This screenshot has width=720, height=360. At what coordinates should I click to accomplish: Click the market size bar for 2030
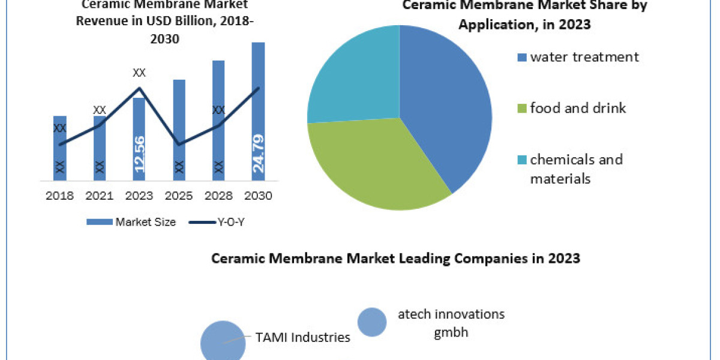click(258, 108)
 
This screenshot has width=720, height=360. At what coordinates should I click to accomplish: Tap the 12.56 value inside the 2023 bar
click(139, 154)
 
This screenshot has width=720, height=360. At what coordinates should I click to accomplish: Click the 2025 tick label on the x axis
click(179, 196)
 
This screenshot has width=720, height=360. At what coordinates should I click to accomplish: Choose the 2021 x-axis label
click(100, 196)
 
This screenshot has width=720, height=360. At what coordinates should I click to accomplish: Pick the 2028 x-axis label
click(218, 196)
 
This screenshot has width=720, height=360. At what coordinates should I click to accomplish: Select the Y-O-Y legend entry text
click(231, 222)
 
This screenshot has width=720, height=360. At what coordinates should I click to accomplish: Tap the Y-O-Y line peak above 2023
click(139, 88)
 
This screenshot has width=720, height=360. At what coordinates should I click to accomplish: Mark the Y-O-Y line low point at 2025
click(179, 144)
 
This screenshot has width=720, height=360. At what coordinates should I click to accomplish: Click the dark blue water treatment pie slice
click(444, 108)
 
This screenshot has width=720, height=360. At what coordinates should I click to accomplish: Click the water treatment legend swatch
click(521, 58)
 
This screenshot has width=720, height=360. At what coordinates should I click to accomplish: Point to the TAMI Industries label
click(302, 337)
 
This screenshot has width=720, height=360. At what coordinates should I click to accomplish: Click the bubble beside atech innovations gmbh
click(372, 322)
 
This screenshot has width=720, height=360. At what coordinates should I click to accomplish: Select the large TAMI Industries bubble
click(222, 342)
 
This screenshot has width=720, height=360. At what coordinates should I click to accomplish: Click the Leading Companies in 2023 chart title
click(395, 259)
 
